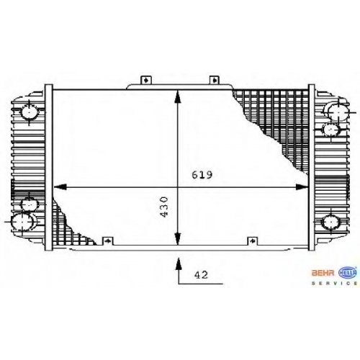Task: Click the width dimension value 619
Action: click(202, 175)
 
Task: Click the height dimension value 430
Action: click(164, 207)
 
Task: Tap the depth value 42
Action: click(201, 274)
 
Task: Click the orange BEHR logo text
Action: click(323, 273)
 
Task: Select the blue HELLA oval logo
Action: click(348, 272)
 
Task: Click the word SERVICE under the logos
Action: click(335, 284)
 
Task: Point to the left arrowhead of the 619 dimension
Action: click(60, 186)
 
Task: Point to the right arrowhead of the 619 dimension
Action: click(302, 186)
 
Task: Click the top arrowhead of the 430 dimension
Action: click(177, 96)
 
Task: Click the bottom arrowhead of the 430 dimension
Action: click(177, 238)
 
